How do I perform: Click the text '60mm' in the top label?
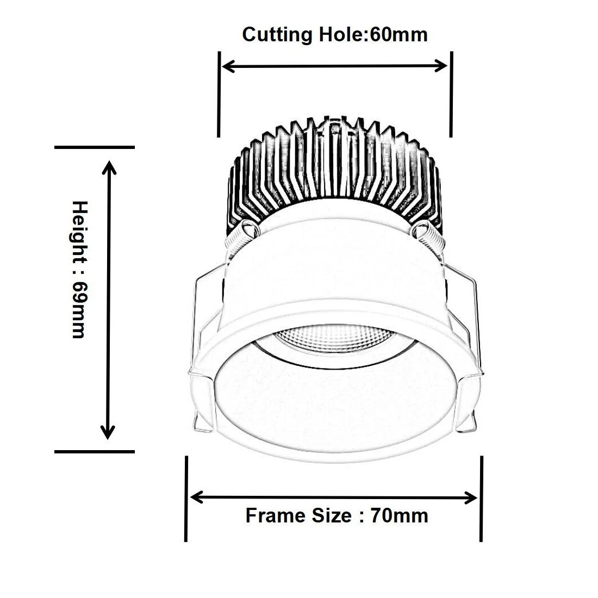398,35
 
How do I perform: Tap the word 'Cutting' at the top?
277,35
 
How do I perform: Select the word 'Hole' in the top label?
339,35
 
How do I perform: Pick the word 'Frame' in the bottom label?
276,515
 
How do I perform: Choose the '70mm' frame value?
400,515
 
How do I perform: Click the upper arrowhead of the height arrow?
110,166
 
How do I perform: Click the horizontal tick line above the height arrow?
95,147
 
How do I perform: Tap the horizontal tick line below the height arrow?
95,451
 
